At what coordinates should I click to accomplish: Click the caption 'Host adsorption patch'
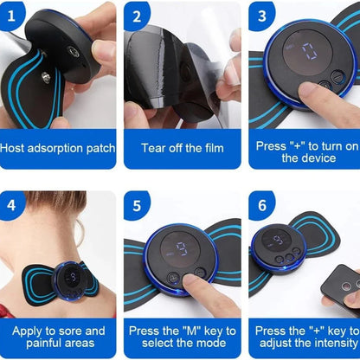[58, 149]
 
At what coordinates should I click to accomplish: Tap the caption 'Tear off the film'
[182, 149]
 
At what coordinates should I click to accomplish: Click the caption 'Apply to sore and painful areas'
[58, 337]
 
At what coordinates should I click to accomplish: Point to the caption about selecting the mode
[182, 337]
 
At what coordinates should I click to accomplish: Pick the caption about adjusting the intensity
[305, 337]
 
